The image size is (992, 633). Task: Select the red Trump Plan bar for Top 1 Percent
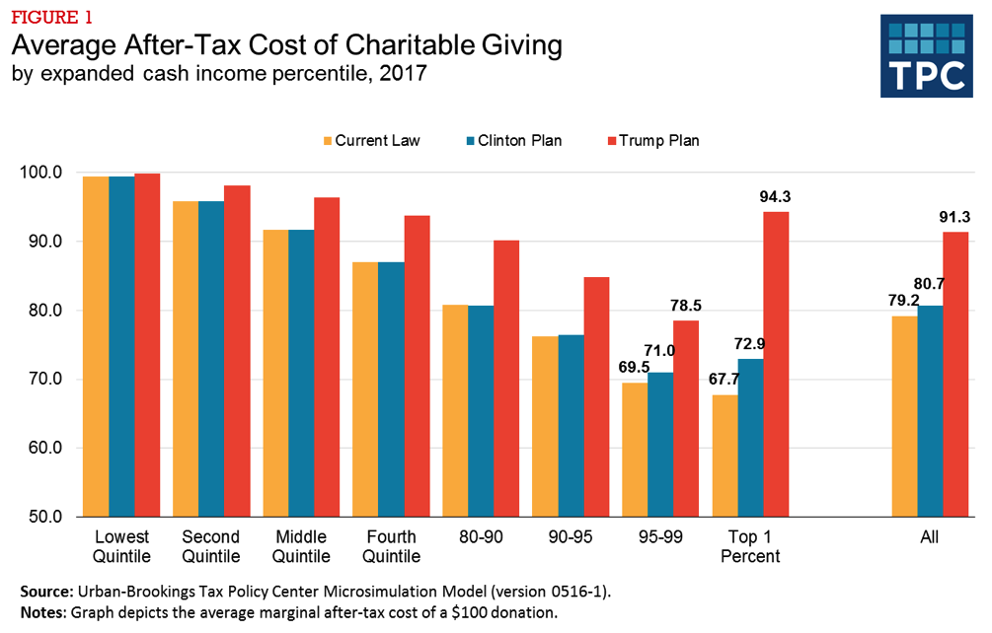tap(776, 364)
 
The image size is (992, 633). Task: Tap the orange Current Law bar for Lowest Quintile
tap(97, 346)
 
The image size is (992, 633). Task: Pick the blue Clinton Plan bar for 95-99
tap(660, 444)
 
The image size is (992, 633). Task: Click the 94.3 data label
tap(776, 197)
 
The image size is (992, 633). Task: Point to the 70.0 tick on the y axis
tap(40, 380)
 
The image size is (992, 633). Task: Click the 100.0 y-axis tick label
tap(40, 173)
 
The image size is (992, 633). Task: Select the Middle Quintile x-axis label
tap(301, 546)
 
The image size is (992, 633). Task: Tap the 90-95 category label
tap(571, 537)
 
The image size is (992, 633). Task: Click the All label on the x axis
tap(929, 537)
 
